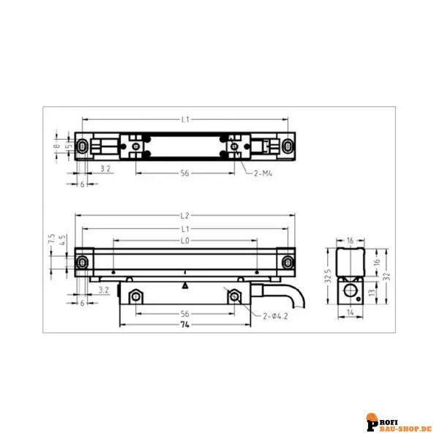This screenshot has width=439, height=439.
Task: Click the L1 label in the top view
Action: pos(186,119)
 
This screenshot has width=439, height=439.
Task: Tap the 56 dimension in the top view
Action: pos(185,173)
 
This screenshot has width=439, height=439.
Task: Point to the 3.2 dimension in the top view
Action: pos(105,169)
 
